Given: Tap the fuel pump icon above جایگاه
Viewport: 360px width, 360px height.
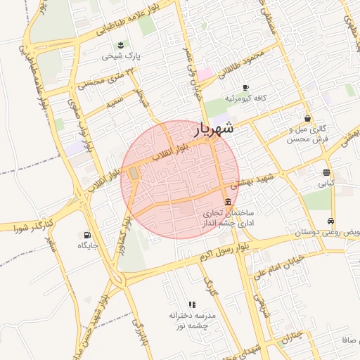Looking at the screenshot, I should pos(86,235).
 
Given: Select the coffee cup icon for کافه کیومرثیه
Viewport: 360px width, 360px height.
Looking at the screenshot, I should pos(245,88).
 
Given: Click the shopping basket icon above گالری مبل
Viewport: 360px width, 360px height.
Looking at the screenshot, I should pos(307,119).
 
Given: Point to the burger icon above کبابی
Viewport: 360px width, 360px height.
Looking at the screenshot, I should pos(327,172).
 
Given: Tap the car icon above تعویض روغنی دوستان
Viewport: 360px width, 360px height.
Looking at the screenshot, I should pos(330,221).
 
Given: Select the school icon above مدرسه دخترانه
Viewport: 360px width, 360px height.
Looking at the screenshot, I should pos(192,304).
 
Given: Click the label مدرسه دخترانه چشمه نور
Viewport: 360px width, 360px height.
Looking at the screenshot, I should pos(192,321).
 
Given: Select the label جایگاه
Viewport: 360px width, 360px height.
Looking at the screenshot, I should pos(86,246).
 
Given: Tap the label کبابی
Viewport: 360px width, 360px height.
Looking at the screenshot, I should pos(326,184).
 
